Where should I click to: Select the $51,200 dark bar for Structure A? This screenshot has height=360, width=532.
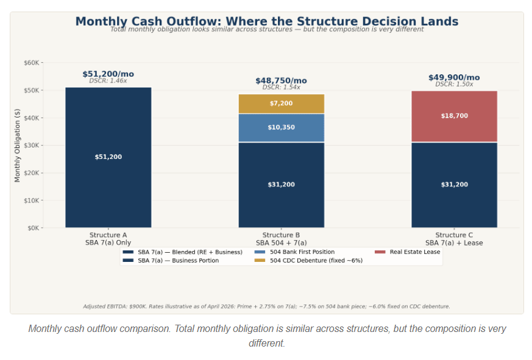tap(108, 157)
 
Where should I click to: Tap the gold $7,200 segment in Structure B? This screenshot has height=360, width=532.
tap(281, 104)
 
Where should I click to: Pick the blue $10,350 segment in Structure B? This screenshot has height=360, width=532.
tap(281, 127)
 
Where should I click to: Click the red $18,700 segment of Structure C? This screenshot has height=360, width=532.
tap(454, 116)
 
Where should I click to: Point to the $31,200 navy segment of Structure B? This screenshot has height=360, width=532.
tap(281, 185)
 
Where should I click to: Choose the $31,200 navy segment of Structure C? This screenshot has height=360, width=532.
tap(454, 185)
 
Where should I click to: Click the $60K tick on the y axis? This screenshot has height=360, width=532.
tap(32, 63)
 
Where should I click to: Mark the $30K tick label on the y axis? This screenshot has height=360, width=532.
tap(32, 146)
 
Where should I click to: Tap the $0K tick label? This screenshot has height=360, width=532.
tap(33, 228)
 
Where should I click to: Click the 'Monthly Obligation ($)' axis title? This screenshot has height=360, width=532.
tap(18, 146)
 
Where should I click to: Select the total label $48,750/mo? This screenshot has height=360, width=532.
tap(281, 80)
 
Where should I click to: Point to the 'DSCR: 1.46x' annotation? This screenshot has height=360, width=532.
tap(108, 80)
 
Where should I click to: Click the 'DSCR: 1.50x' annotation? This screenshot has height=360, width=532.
tap(454, 84)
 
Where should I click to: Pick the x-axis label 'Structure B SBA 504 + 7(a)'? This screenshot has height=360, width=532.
tap(281, 239)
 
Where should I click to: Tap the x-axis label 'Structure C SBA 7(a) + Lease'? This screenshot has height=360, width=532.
tap(454, 239)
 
